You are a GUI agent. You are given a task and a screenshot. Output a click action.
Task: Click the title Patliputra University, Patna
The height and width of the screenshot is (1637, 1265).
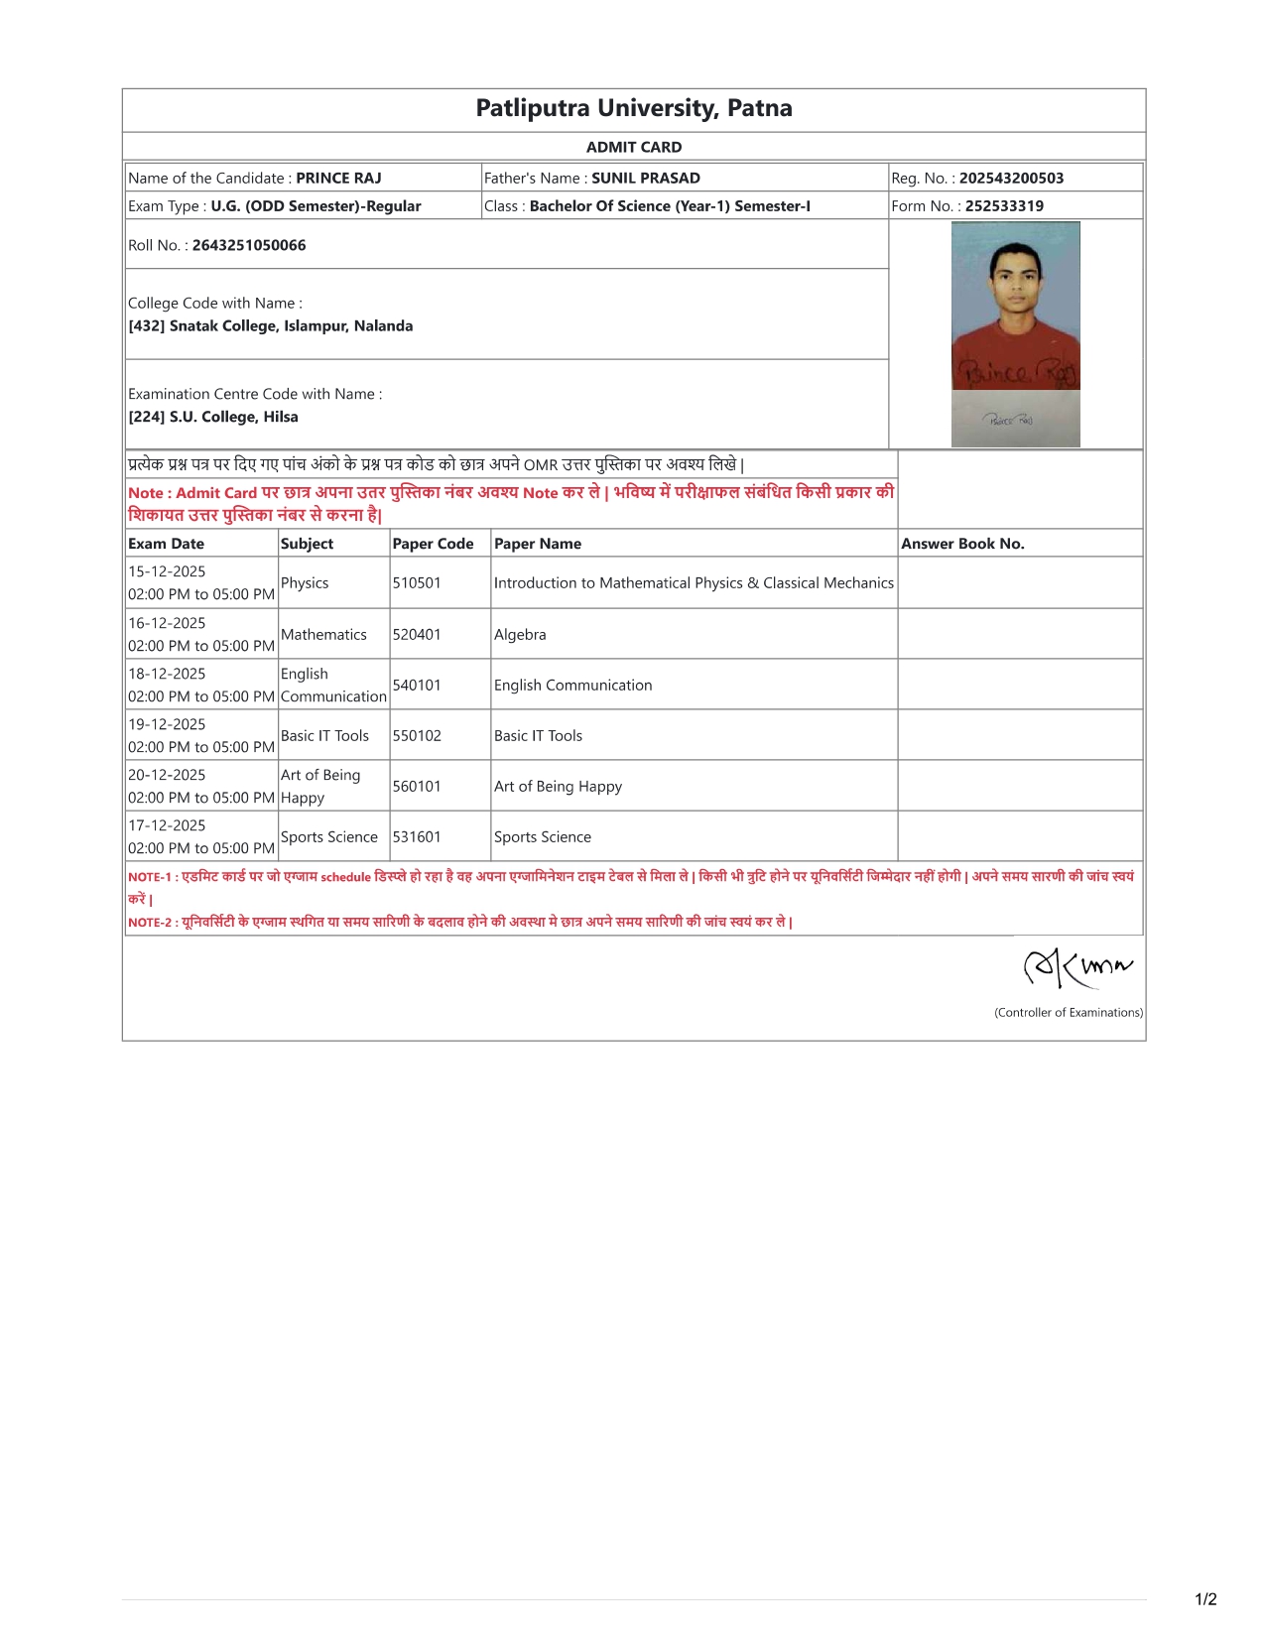pyautogui.click(x=633, y=108)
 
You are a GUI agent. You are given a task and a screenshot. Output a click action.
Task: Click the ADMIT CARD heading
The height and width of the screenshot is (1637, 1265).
pyautogui.click(x=633, y=147)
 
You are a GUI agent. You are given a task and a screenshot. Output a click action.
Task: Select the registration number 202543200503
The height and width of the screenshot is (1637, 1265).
pyautogui.click(x=1011, y=179)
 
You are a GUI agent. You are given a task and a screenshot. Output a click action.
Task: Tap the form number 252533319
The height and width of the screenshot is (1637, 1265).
pyautogui.click(x=1004, y=206)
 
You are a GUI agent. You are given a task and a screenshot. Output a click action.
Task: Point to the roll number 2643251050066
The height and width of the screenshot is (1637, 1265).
pyautogui.click(x=249, y=245)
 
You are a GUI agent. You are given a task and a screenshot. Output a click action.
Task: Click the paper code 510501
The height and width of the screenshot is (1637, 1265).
pyautogui.click(x=417, y=583)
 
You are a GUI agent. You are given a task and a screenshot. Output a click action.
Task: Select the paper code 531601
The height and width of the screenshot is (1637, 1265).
pyautogui.click(x=417, y=837)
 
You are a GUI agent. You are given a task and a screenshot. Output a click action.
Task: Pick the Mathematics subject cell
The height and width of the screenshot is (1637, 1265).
pyautogui.click(x=323, y=635)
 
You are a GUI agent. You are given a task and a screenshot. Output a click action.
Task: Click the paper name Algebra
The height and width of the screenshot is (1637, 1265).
pyautogui.click(x=520, y=635)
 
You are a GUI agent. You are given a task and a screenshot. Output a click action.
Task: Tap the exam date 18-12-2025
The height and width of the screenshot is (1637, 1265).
pyautogui.click(x=167, y=674)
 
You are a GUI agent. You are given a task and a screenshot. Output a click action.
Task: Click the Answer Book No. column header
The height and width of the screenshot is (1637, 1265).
pyautogui.click(x=962, y=544)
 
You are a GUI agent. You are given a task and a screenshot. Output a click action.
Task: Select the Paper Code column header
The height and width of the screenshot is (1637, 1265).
pyautogui.click(x=433, y=544)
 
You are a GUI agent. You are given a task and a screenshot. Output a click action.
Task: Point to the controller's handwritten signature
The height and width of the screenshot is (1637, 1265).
pyautogui.click(x=1076, y=966)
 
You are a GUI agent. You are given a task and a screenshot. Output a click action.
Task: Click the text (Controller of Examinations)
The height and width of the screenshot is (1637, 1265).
pyautogui.click(x=1069, y=1013)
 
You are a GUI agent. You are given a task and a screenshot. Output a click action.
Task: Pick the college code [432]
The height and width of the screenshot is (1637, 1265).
pyautogui.click(x=147, y=326)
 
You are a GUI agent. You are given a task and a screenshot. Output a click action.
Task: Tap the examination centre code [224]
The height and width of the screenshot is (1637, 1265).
pyautogui.click(x=147, y=418)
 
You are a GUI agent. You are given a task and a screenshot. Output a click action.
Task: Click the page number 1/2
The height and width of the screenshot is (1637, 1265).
pyautogui.click(x=1205, y=1599)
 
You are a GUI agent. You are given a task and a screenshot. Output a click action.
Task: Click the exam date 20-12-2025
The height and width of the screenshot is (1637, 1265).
pyautogui.click(x=167, y=775)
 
